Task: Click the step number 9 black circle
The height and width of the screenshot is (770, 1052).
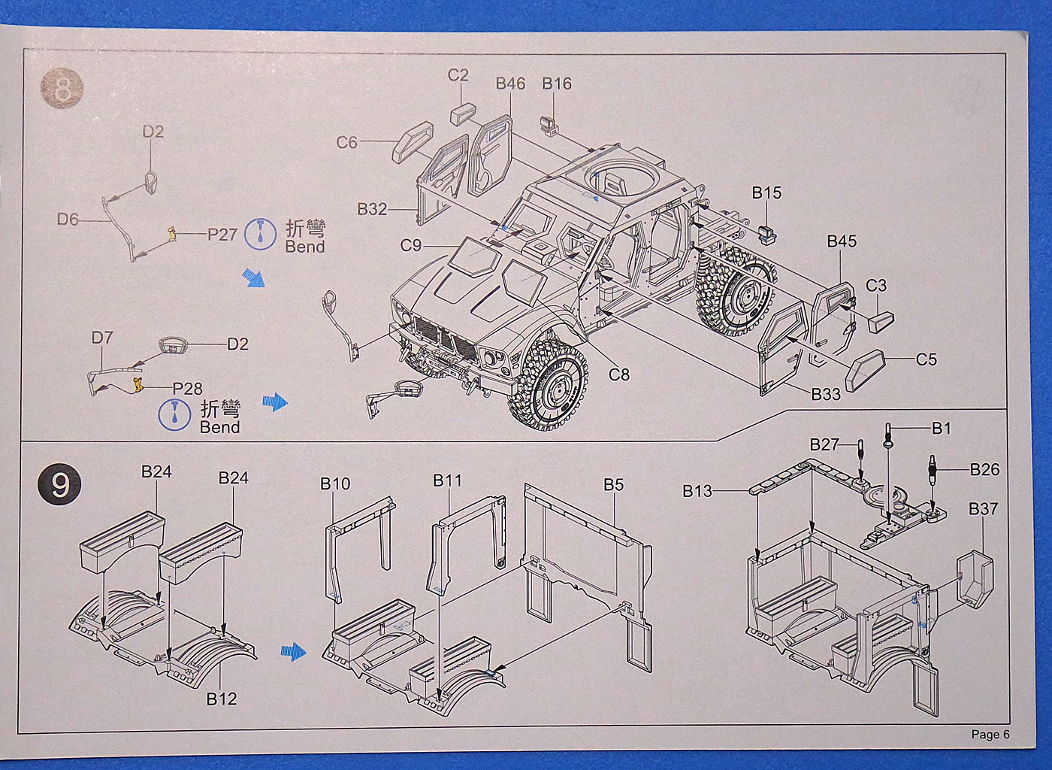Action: click(x=59, y=484)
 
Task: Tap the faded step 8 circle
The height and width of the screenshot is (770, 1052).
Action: click(x=62, y=89)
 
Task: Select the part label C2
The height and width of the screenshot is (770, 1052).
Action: click(x=458, y=75)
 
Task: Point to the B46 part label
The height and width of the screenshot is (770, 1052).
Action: click(x=510, y=83)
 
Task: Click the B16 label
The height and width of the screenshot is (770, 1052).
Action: click(x=557, y=83)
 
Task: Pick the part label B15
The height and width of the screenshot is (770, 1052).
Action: click(x=766, y=192)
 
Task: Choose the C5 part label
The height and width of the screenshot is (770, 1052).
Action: click(x=927, y=359)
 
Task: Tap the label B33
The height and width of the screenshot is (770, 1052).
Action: click(x=826, y=393)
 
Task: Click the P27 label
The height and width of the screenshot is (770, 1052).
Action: click(x=222, y=234)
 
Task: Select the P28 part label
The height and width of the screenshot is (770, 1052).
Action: click(x=187, y=388)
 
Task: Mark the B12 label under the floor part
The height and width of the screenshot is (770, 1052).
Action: click(x=222, y=699)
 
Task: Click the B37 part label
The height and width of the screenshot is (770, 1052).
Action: click(x=983, y=509)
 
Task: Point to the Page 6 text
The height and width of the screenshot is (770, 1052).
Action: click(x=990, y=735)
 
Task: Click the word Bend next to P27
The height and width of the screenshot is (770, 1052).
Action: click(x=305, y=247)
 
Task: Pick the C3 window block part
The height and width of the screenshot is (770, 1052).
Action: click(x=881, y=321)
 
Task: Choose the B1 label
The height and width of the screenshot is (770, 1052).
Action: click(x=941, y=428)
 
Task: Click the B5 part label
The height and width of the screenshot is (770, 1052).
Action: click(x=613, y=485)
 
